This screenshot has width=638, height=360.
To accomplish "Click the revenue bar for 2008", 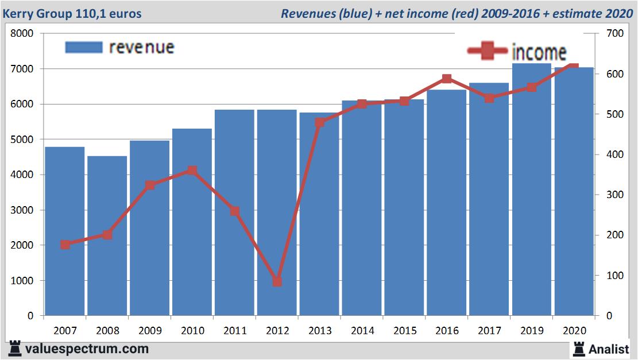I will [x=107, y=235].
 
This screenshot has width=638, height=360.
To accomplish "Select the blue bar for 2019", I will [x=532, y=189].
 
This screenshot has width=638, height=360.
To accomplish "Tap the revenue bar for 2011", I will [x=234, y=212].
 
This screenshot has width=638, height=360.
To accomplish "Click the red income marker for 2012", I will [x=277, y=281].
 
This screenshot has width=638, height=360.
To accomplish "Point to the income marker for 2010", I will [x=192, y=171].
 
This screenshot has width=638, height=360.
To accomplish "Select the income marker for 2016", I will [x=447, y=79].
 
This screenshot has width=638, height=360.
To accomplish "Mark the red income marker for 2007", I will [x=65, y=245].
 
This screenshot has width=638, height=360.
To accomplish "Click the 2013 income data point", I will [x=320, y=122].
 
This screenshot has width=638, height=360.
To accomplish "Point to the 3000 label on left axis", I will [x=22, y=210].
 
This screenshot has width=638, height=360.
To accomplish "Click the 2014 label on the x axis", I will [x=362, y=331].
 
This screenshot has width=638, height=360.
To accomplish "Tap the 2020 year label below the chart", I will [x=575, y=331].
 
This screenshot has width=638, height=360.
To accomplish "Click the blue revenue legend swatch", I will [x=83, y=47].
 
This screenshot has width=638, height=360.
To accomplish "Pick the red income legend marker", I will [x=488, y=52].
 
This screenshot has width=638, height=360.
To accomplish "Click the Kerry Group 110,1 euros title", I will [x=72, y=13].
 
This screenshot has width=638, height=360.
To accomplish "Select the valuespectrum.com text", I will [x=87, y=349].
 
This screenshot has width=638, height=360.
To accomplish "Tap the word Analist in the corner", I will [x=609, y=349].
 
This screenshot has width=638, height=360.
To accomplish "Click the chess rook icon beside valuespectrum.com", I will [x=15, y=349].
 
